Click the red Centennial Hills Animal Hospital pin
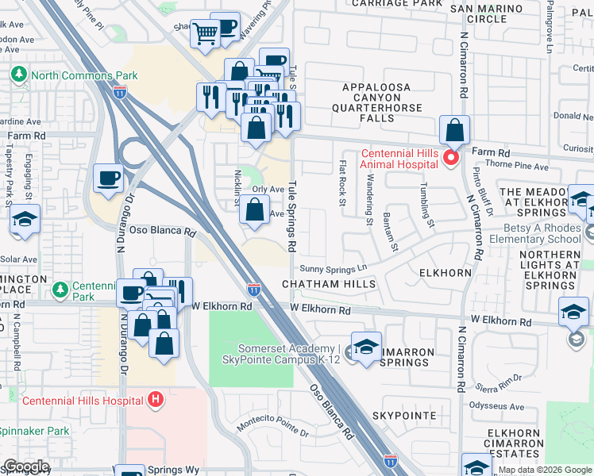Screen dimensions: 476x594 tap(451, 158)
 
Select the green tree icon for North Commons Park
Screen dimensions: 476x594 tap(18, 75)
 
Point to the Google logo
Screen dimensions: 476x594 tap(25, 466)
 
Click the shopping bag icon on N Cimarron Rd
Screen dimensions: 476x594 tap(454, 129)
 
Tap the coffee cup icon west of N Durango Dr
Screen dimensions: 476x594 tap(108, 178)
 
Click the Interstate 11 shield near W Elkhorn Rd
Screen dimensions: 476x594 tap(253, 290)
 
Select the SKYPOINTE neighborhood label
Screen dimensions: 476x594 tap(404, 416)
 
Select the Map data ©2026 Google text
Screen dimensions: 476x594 tap(545, 470)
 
